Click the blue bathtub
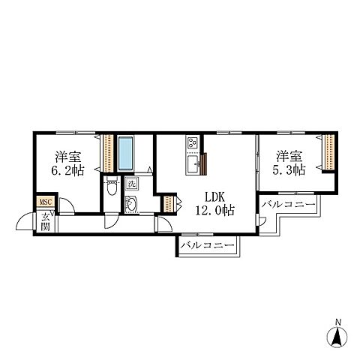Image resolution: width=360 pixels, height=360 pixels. [125, 154]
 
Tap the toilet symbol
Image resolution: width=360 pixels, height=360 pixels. [112, 186]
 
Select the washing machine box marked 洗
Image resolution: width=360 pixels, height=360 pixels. [131, 184]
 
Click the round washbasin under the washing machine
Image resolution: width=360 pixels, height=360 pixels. [131, 204]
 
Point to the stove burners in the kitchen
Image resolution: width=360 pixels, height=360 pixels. [192, 142]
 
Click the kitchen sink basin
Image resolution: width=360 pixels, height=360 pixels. [193, 164]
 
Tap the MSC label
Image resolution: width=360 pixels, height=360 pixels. [46, 202]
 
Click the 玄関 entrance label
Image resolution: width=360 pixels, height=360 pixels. [45, 222]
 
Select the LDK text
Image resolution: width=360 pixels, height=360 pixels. [214, 197]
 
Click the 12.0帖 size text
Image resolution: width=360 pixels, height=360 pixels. [214, 210]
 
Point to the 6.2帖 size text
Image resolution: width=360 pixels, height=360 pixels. [67, 170]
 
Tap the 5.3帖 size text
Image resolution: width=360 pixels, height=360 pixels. [289, 170]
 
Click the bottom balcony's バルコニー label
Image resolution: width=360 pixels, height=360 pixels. [208, 244]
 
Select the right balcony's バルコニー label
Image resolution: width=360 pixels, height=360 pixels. [288, 205]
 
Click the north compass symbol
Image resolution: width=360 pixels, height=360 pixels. [337, 337]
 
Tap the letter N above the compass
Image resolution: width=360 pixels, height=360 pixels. [338, 322]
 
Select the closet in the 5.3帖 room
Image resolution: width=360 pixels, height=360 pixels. [329, 152]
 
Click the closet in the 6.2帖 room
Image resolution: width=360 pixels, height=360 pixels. [108, 153]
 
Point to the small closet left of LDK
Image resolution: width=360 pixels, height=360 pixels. [169, 204]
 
